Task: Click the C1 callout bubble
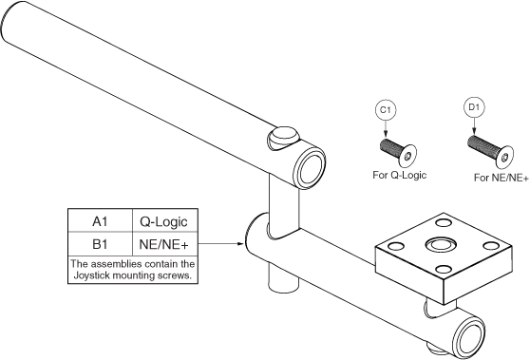pyautogui.click(x=386, y=111)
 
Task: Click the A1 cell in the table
pyautogui.click(x=99, y=221)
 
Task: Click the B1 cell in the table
pyautogui.click(x=99, y=243)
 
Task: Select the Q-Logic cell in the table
pyautogui.click(x=167, y=221)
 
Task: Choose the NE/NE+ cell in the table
pyautogui.click(x=167, y=243)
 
